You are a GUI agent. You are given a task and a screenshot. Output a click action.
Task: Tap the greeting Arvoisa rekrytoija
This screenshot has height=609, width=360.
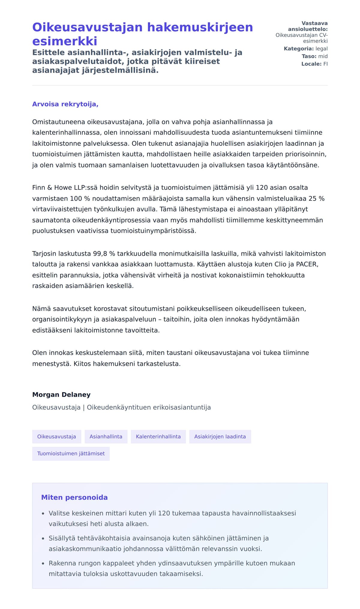(x=65, y=104)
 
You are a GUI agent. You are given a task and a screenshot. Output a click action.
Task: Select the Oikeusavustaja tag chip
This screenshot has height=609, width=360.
(x=56, y=436)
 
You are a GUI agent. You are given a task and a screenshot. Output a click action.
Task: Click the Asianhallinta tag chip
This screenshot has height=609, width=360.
(x=106, y=436)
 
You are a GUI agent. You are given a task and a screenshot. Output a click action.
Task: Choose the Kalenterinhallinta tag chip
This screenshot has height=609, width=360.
(x=158, y=436)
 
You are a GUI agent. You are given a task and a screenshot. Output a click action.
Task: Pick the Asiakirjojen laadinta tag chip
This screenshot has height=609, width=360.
(x=220, y=436)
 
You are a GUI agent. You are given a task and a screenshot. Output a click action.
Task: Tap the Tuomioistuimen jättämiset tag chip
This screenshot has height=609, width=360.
(x=71, y=453)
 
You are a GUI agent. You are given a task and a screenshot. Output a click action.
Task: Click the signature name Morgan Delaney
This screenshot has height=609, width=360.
(x=61, y=394)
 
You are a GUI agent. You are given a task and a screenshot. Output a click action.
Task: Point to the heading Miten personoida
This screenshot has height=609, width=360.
(x=74, y=497)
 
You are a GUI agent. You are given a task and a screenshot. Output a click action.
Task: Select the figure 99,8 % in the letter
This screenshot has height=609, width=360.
(x=104, y=253)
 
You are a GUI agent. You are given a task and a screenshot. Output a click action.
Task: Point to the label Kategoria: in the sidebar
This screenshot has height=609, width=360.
(x=298, y=49)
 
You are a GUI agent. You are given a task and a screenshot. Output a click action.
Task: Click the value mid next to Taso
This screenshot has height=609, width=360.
(x=323, y=56)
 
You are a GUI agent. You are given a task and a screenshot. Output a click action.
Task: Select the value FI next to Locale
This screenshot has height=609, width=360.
(x=325, y=64)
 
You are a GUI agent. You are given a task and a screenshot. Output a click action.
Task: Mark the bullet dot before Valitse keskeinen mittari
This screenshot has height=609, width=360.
(x=43, y=514)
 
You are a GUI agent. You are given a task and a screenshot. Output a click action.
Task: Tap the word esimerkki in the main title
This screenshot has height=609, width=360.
(x=65, y=41)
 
